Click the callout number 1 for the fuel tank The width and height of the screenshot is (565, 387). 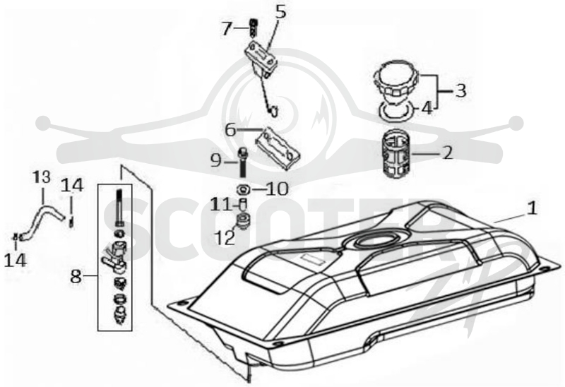tap(532, 208)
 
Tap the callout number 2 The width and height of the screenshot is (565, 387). tap(447, 153)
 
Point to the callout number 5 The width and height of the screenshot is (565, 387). tap(280, 11)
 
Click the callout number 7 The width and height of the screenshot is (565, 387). tap(226, 29)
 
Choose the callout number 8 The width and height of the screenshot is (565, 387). tap(76, 277)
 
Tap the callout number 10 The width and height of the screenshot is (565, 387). tap(277, 189)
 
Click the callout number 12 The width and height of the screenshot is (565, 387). tap(225, 238)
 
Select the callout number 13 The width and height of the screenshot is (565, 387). tap(42, 177)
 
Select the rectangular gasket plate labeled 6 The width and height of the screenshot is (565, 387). tap(278, 148)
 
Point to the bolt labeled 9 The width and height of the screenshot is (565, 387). tap(243, 162)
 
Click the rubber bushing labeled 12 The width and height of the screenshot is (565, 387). tap(243, 220)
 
